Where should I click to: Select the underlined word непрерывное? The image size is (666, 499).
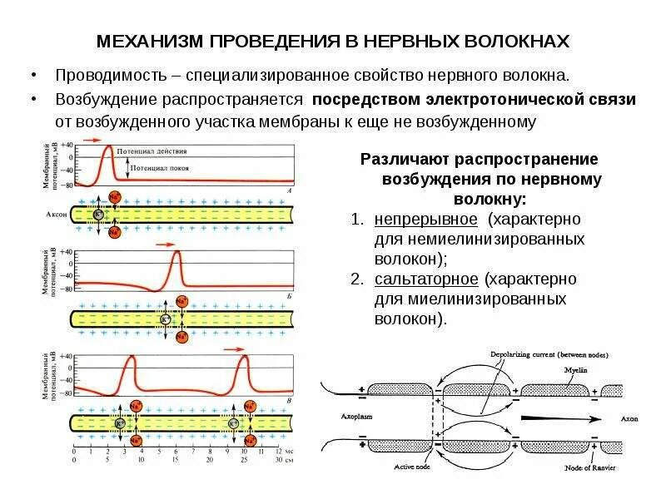coord(425,220)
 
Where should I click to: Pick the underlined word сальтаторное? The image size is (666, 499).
coord(425,278)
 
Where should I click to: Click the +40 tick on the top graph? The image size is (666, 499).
coord(66,145)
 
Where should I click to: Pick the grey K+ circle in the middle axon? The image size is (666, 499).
coord(166,319)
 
